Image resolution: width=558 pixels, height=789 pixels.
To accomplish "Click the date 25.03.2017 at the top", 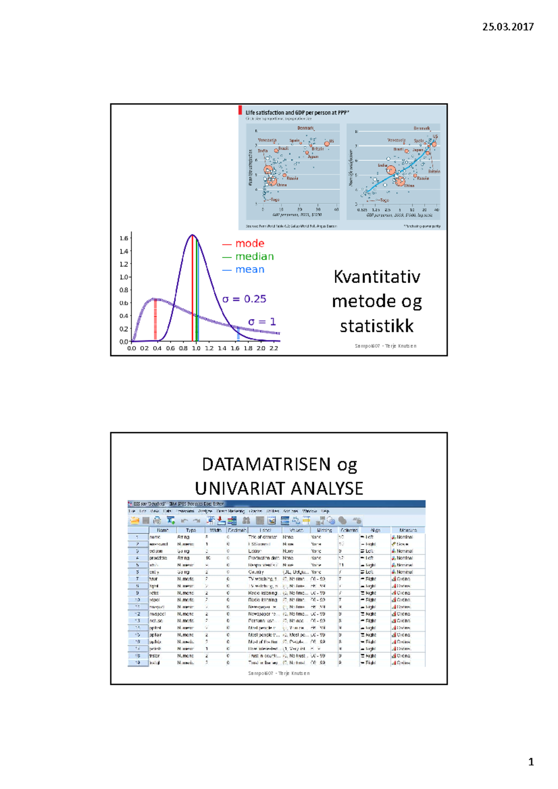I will tap(508, 27).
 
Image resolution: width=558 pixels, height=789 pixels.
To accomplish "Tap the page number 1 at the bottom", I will tap(531, 762).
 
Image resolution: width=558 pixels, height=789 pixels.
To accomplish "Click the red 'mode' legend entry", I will tap(249, 243).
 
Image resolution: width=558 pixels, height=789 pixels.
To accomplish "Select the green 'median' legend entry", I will tap(254, 256).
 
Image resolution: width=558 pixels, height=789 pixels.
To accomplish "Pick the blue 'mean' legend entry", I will tap(250, 270).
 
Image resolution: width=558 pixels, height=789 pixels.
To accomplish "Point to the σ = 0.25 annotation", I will tap(244, 299).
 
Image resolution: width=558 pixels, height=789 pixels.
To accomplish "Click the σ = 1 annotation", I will tap(262, 322).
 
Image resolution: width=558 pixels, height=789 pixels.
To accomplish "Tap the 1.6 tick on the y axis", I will tap(124, 238).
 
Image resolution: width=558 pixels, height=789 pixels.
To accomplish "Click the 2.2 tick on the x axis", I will tap(274, 348).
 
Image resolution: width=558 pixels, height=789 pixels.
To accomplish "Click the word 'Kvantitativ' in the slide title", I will tap(377, 277).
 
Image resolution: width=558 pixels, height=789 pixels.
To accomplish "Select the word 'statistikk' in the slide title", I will tap(377, 326).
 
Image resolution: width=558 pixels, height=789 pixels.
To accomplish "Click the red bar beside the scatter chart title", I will tap(240, 110).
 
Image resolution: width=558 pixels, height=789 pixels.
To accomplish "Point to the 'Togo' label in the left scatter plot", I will tap(275, 200).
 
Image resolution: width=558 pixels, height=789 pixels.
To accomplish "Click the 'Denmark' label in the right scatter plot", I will tap(422, 128).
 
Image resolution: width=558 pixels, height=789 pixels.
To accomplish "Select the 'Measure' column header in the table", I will tap(408, 530).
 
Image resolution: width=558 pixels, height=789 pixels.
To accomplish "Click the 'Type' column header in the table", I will tap(191, 530).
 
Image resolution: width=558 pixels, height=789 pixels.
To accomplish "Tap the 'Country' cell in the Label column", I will tap(256, 572).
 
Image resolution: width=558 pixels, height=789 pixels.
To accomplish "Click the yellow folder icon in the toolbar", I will tap(135, 520).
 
